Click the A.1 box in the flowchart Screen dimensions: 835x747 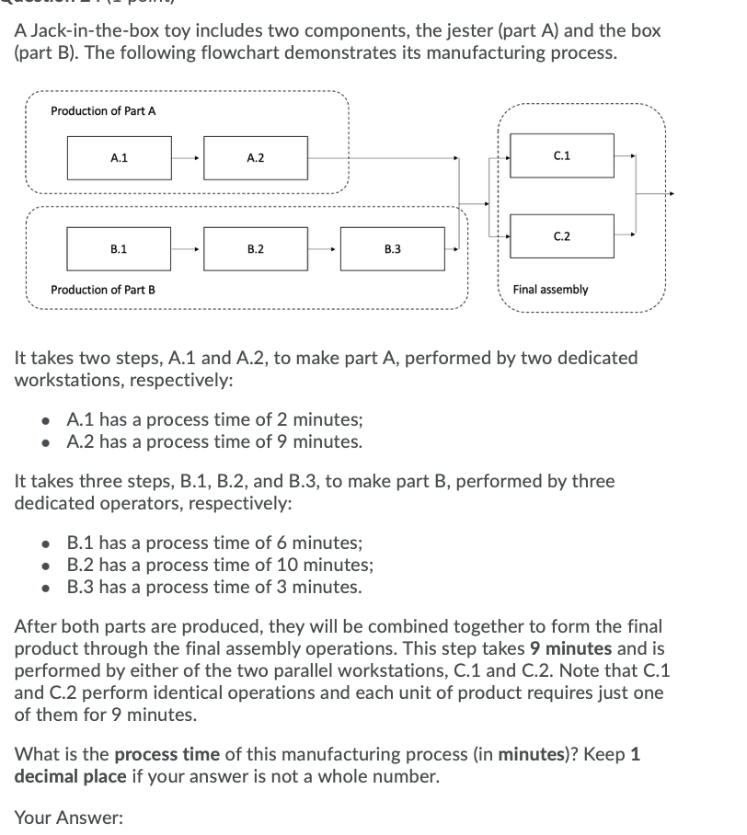tap(120, 158)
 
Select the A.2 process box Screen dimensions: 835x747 tap(256, 158)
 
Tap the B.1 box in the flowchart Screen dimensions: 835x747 tap(120, 248)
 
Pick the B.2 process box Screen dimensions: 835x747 tap(256, 248)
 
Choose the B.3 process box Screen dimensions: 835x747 tap(392, 248)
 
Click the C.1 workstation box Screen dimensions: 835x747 tap(562, 155)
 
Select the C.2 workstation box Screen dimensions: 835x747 tap(562, 236)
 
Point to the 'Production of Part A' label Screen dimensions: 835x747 tap(103, 111)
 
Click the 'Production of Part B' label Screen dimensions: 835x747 tap(103, 290)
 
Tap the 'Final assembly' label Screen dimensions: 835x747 tap(550, 290)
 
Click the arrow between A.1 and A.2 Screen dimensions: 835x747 tap(188, 158)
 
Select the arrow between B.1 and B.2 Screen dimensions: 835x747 tap(188, 248)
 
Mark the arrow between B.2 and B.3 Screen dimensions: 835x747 tap(324, 248)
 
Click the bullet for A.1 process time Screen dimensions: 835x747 tap(47, 420)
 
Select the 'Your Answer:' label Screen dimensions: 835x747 tap(68, 817)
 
